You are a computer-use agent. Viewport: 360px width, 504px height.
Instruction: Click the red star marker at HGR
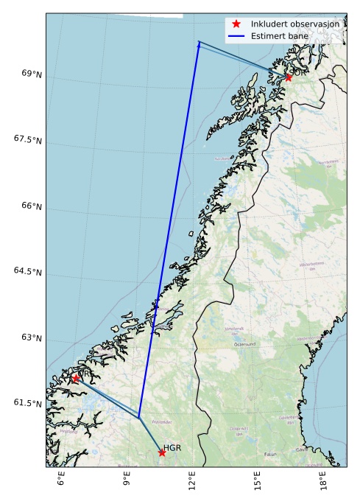click(x=162, y=452)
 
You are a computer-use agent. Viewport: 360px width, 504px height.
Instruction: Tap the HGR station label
click(x=172, y=447)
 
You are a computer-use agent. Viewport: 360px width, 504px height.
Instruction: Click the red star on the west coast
click(x=76, y=378)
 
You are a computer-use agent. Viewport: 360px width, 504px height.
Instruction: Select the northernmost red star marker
click(x=289, y=77)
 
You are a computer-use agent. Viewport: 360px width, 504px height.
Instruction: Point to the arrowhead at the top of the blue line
click(x=199, y=43)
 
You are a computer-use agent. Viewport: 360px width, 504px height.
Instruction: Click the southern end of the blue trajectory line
click(x=138, y=418)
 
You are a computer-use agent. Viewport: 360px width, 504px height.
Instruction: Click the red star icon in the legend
click(x=236, y=24)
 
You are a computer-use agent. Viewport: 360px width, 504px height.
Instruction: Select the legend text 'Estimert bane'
click(x=276, y=35)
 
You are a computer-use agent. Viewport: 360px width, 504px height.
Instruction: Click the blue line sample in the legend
click(x=236, y=35)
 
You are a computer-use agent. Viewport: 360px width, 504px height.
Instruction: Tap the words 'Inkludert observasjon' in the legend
click(x=295, y=24)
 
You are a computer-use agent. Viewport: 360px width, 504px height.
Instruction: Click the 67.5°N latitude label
click(x=27, y=139)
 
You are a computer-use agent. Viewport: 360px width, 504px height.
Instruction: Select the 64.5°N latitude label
click(x=27, y=272)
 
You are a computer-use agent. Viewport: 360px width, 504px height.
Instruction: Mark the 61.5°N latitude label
click(x=27, y=404)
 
